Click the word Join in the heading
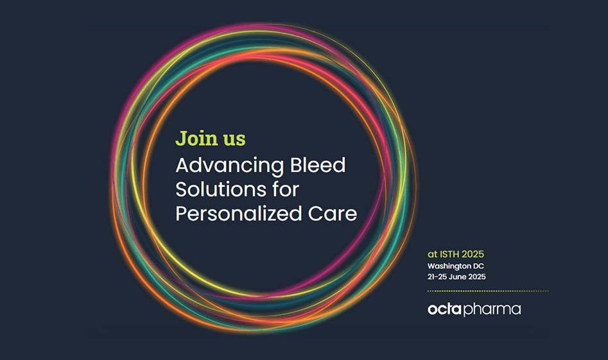(x=196, y=139)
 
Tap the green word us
(x=234, y=140)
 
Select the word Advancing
(x=230, y=166)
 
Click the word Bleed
(x=318, y=165)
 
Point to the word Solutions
(x=221, y=189)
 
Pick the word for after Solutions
(x=286, y=189)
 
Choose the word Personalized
(x=239, y=214)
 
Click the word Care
(x=333, y=214)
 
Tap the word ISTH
(x=449, y=254)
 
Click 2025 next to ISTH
(x=473, y=254)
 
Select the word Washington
(x=449, y=266)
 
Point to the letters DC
(x=478, y=266)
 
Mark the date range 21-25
(x=437, y=277)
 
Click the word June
(x=457, y=277)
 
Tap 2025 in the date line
(x=477, y=277)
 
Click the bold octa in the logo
(x=445, y=309)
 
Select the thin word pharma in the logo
(x=492, y=309)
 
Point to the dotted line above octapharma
(x=488, y=291)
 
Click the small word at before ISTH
(x=432, y=255)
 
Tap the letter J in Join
(x=180, y=139)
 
